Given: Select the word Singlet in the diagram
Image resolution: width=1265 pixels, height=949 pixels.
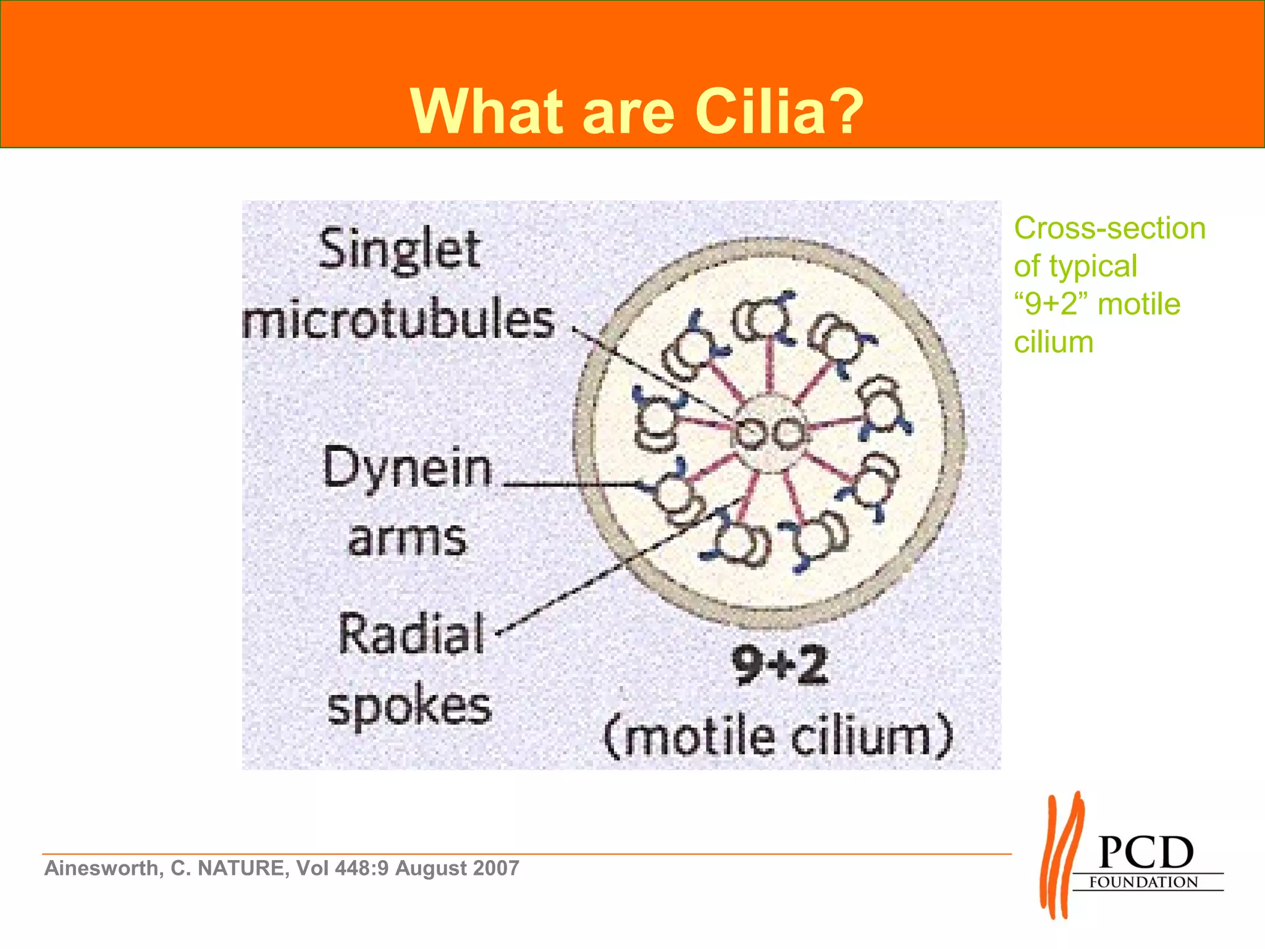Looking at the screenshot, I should [x=400, y=250].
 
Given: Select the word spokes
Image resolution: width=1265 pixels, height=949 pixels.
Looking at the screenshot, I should [x=410, y=706].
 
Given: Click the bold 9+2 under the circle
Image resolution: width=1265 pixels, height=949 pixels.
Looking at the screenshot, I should [x=780, y=665].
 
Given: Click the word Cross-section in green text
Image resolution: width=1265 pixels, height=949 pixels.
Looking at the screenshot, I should [x=1109, y=229].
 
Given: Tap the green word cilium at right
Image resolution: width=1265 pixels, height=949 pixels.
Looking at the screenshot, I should [x=1053, y=342].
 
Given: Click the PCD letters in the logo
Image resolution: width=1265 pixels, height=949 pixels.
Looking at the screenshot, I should [x=1146, y=853].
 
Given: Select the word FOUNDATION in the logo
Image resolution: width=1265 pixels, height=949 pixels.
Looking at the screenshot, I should [x=1143, y=882].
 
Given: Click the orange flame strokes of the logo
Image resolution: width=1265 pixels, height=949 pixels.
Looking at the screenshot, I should [x=1061, y=856].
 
